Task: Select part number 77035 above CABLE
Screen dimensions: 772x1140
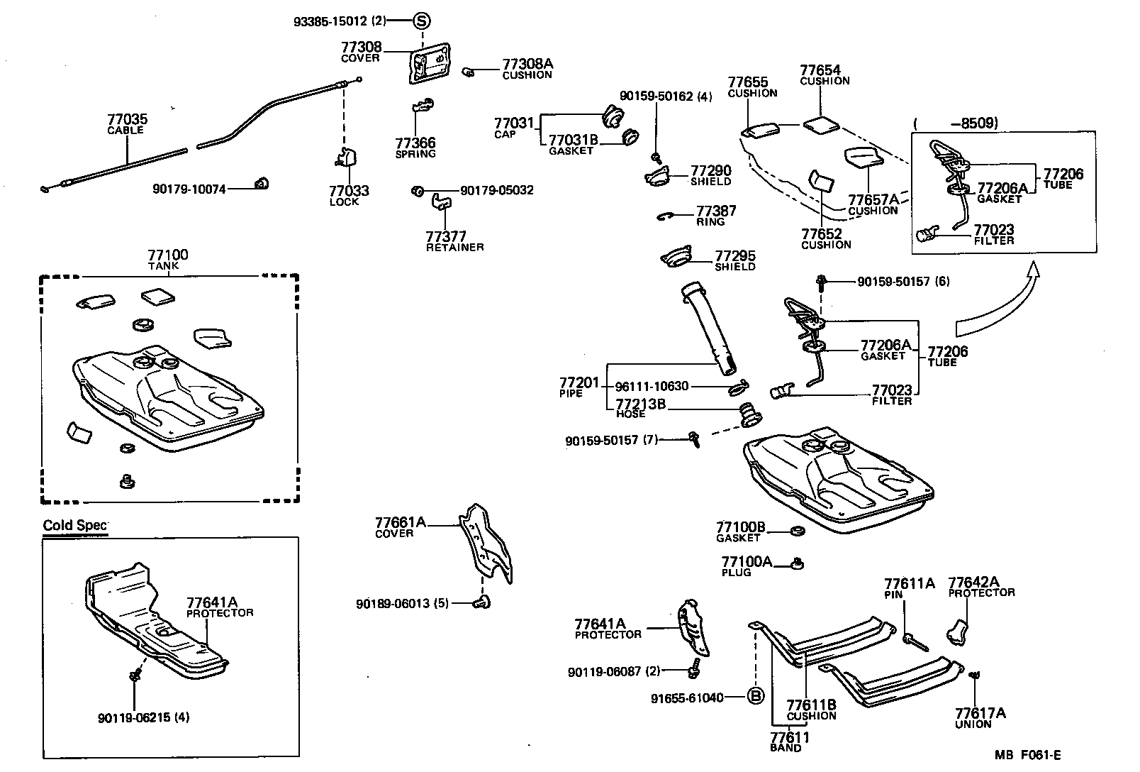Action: pos(128,119)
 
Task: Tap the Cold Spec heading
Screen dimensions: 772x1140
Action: pos(75,526)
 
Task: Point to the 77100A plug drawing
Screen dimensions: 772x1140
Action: pos(798,563)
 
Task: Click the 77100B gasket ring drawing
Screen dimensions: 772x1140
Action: pos(796,531)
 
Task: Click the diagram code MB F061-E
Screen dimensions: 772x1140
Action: pos(1027,756)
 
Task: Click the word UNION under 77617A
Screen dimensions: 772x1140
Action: pos(973,724)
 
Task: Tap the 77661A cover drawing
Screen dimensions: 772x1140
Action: pos(487,542)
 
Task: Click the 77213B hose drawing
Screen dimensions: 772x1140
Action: pos(748,414)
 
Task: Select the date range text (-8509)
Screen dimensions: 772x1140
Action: pos(956,123)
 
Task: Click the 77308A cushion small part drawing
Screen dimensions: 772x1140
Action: pos(468,72)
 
